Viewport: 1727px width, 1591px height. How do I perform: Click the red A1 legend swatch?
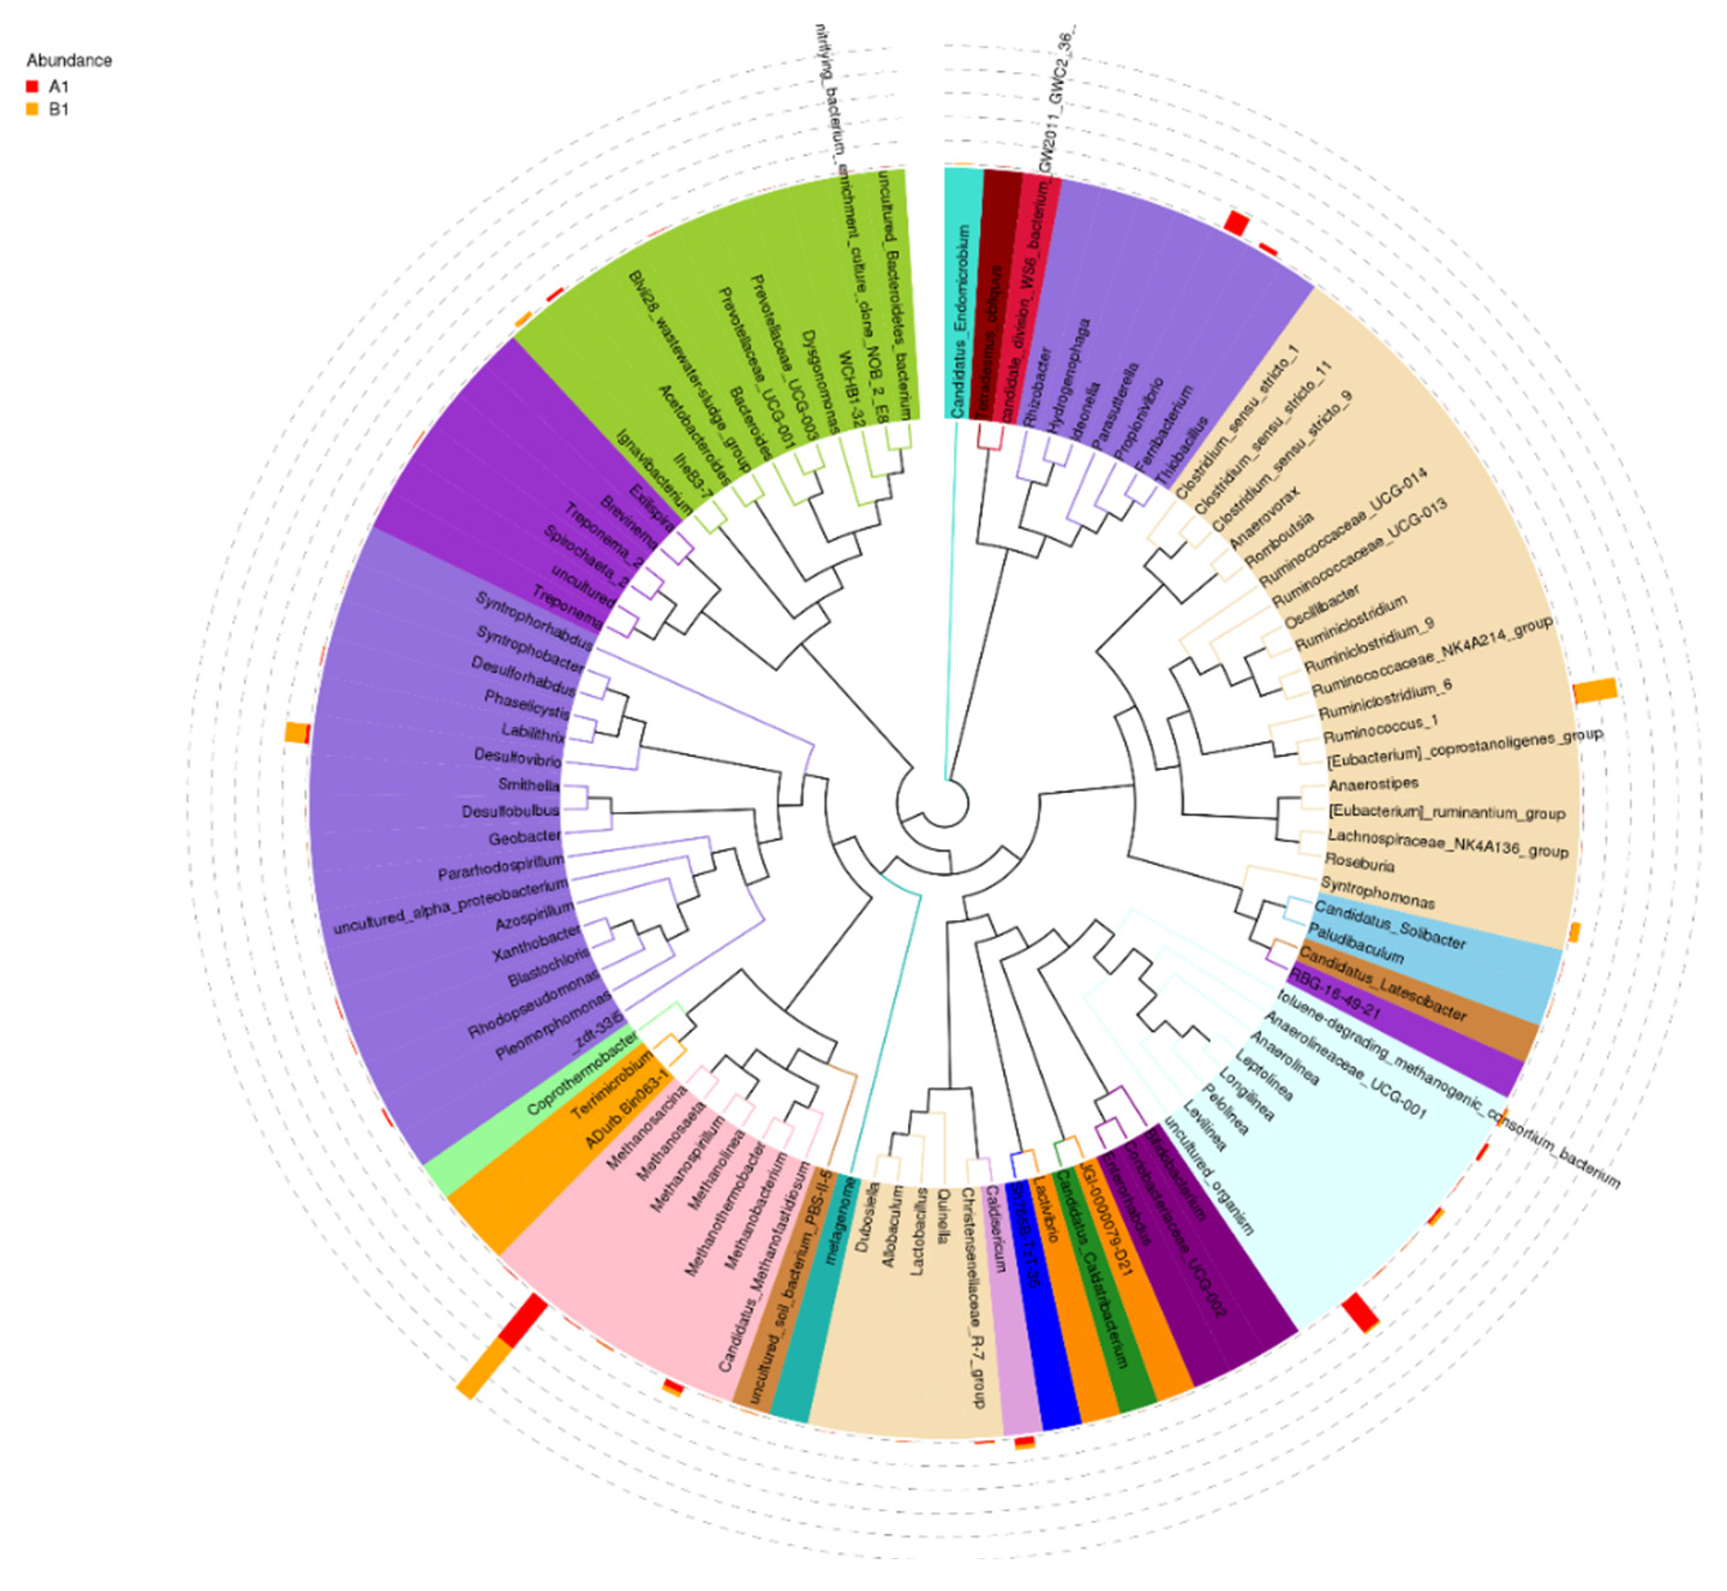click(32, 86)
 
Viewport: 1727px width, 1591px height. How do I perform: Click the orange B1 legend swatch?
click(32, 109)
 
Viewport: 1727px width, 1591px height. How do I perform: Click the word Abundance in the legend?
click(69, 60)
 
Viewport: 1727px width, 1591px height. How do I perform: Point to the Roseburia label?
click(1360, 862)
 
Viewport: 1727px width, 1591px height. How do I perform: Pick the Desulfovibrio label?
click(517, 757)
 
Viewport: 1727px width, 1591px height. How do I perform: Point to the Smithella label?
click(529, 784)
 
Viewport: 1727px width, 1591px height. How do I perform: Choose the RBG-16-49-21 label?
click(1334, 994)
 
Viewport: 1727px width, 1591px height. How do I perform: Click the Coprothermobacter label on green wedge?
click(582, 1072)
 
